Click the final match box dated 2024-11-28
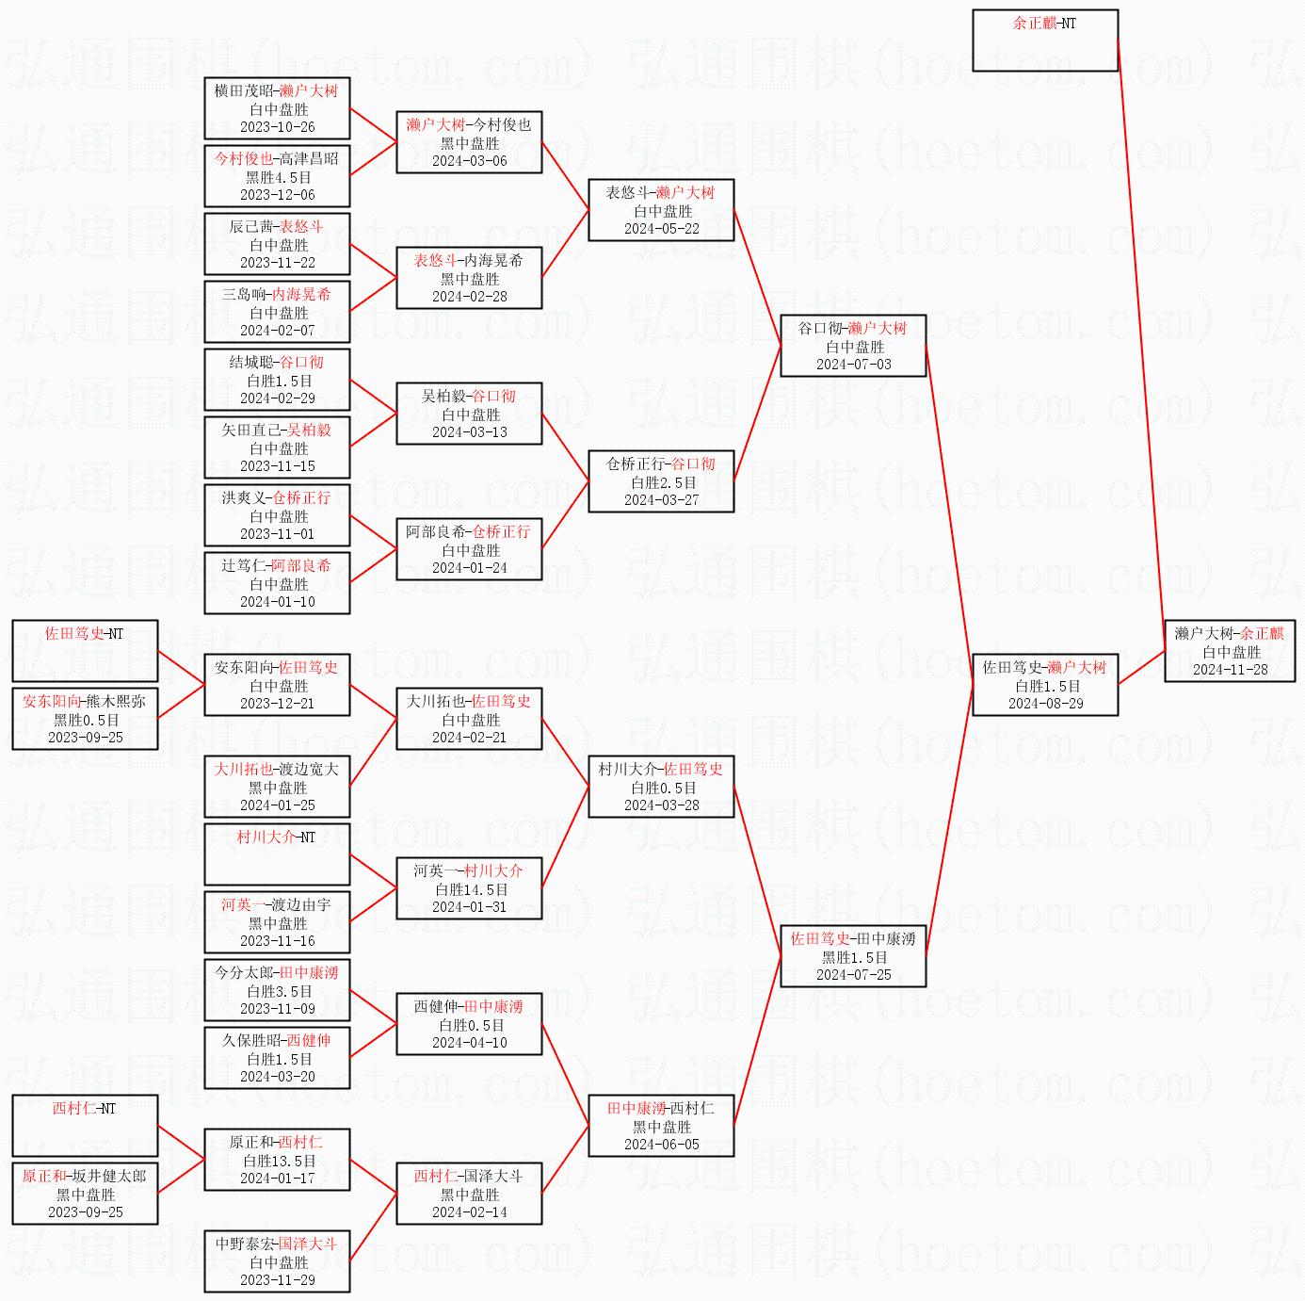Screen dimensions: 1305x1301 1230,651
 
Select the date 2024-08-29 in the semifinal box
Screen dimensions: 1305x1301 1045,704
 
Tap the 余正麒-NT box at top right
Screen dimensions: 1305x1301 1045,41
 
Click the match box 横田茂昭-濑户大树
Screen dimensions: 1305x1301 277,108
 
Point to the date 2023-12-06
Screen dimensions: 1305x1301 277,195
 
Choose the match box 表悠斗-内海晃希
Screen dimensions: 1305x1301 469,278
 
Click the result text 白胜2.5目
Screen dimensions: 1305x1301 661,482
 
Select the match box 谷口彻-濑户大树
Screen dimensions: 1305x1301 853,346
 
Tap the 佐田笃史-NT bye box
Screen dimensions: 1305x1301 85,651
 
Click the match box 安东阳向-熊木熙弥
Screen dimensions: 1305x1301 85,719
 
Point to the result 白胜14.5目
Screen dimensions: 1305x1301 469,889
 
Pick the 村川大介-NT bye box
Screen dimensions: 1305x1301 277,854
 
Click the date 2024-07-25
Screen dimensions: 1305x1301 853,975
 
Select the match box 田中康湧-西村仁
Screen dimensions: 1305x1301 661,1126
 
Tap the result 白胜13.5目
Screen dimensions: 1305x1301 277,1161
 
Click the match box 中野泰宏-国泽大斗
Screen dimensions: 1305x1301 277,1261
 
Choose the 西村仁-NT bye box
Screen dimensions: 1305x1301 85,1126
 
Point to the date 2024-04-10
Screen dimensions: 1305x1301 469,1043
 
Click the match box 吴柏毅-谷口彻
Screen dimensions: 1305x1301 469,414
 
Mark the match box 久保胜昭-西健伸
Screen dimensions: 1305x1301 277,1058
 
